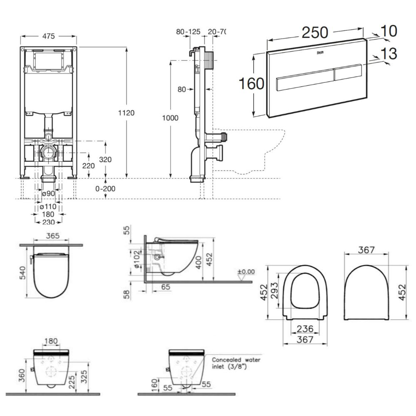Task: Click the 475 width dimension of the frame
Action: coord(48,36)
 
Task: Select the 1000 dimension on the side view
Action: coord(170,118)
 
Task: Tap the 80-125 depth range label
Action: coord(188,32)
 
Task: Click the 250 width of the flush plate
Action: coord(315,32)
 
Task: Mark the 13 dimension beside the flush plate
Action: coord(389,54)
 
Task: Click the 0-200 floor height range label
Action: coord(106,188)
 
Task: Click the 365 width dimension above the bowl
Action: coord(53,236)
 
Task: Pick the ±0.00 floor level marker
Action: coord(245,272)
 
